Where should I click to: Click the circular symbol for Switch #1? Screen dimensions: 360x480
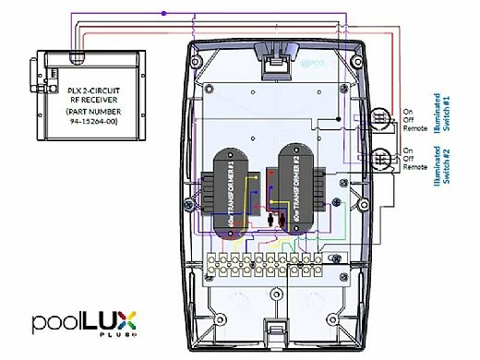(379, 119)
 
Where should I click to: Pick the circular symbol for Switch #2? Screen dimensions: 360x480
(379, 159)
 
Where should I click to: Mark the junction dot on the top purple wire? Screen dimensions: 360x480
(164, 13)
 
